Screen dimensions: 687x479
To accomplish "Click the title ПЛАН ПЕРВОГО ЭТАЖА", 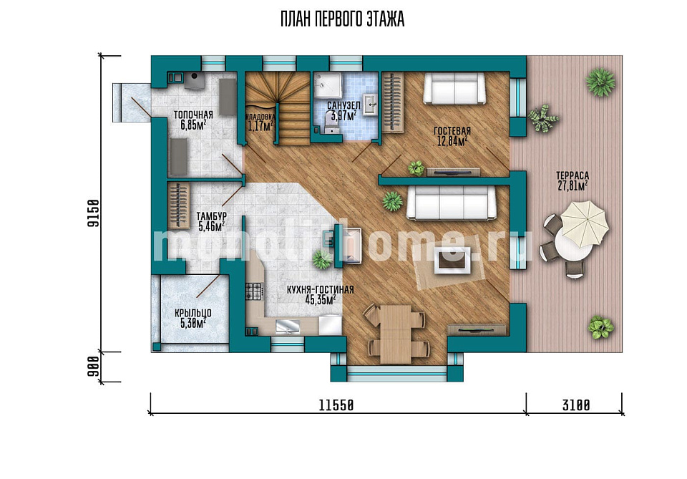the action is click(x=342, y=20).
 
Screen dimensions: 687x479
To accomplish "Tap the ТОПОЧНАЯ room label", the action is click(x=193, y=115).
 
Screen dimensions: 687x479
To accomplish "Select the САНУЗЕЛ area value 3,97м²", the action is click(x=343, y=116).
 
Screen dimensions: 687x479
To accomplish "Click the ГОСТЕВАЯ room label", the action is click(x=452, y=131).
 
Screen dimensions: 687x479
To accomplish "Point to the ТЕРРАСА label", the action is click(x=572, y=175).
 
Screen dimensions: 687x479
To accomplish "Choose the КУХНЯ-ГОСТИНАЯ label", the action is click(x=321, y=290).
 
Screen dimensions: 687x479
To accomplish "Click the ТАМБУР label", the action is click(x=211, y=216).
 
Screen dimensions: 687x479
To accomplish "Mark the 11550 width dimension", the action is click(x=336, y=405).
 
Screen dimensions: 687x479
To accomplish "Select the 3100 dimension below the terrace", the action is click(x=576, y=405).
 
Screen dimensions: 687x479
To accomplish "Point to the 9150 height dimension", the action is click(x=93, y=213).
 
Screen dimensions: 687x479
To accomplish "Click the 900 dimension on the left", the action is click(x=93, y=367).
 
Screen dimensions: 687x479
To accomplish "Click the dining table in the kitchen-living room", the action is click(x=396, y=334).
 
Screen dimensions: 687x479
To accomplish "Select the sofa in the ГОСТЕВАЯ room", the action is click(x=454, y=88).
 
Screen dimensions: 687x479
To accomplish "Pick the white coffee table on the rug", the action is click(x=452, y=261).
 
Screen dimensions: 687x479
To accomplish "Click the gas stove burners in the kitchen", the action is click(x=253, y=291).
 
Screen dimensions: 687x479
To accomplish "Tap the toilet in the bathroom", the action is click(x=331, y=122).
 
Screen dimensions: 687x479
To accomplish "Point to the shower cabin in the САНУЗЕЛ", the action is click(x=328, y=85).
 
